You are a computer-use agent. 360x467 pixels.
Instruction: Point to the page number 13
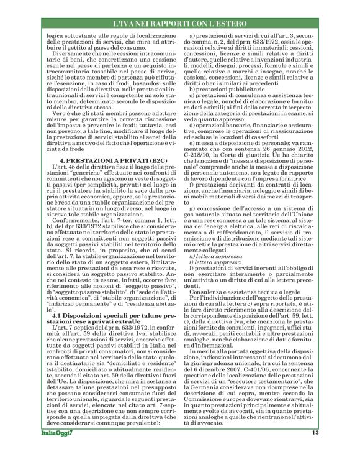[x=315, y=450]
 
